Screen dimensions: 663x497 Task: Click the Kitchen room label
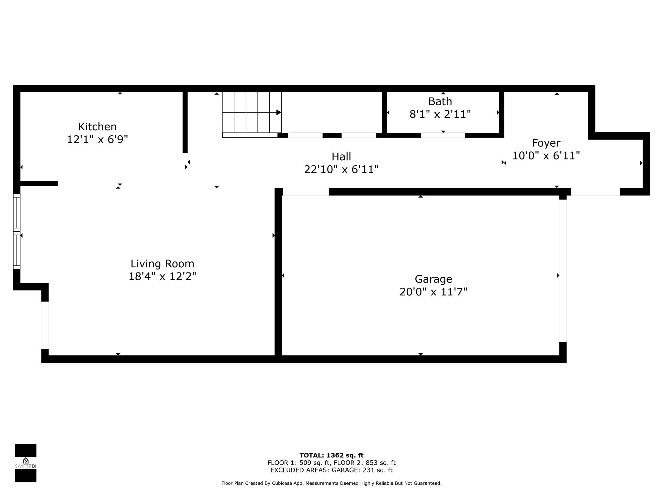[97, 127]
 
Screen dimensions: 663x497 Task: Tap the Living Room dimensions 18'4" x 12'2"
[163, 277]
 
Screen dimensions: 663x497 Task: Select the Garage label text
[433, 279]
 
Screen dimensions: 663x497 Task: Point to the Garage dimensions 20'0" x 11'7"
[433, 292]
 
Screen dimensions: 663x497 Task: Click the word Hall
[341, 157]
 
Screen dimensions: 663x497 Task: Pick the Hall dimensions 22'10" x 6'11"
[341, 170]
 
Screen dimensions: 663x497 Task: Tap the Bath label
[440, 102]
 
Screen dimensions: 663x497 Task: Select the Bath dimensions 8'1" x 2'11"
[440, 114]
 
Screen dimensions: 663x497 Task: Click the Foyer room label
[546, 143]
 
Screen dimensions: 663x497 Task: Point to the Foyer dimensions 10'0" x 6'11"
[546, 156]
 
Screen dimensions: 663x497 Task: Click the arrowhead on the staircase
[278, 113]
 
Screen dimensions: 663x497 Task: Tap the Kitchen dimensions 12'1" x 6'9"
[97, 139]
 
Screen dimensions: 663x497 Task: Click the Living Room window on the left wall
[17, 231]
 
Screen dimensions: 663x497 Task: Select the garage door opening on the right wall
[563, 271]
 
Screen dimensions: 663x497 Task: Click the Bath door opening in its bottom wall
[443, 135]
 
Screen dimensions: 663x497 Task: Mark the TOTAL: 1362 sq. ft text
[331, 456]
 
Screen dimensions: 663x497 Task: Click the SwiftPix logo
[26, 463]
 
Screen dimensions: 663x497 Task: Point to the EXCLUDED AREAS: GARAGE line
[331, 470]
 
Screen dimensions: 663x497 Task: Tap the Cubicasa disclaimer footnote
[331, 483]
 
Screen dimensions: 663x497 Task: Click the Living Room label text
[163, 264]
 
